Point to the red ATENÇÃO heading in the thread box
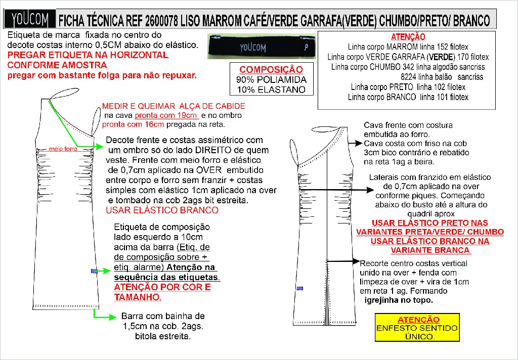(x=408, y=37)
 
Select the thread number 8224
(x=409, y=77)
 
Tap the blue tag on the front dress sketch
(x=94, y=272)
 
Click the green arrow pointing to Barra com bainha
(x=103, y=317)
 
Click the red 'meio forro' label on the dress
(x=63, y=149)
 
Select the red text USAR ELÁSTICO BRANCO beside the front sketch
(x=162, y=210)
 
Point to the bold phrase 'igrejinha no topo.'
(x=399, y=300)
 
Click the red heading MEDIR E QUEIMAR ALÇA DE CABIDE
(x=174, y=106)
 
